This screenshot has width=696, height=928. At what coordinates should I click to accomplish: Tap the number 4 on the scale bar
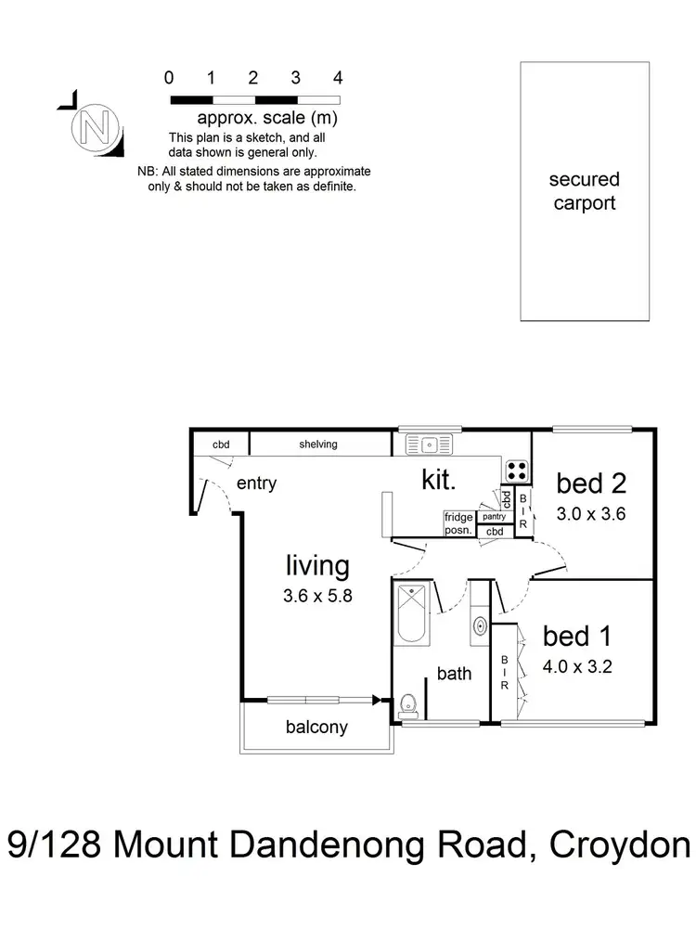338,78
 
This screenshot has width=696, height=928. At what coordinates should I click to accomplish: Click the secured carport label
584,191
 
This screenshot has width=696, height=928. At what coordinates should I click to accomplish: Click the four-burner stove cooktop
517,470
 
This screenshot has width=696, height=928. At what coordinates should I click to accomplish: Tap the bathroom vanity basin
480,625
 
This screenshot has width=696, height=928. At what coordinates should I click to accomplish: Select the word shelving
318,445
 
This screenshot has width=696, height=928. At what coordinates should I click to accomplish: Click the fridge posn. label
458,523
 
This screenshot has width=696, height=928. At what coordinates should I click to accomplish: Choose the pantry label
494,517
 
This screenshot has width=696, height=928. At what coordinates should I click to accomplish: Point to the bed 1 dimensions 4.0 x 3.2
579,665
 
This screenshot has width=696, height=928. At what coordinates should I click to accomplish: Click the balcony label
316,728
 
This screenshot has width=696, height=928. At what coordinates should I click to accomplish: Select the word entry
256,483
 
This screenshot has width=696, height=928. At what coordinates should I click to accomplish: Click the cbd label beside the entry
221,445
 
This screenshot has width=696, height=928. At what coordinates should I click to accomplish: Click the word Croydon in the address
620,847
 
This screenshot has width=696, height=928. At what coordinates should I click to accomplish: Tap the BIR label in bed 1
504,672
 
